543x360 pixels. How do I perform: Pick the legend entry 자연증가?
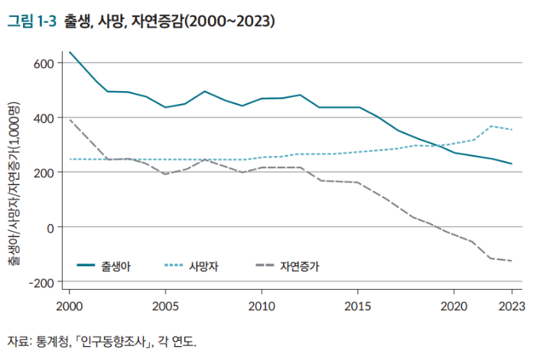coord(301,266)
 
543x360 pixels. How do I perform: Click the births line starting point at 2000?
coord(70,52)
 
